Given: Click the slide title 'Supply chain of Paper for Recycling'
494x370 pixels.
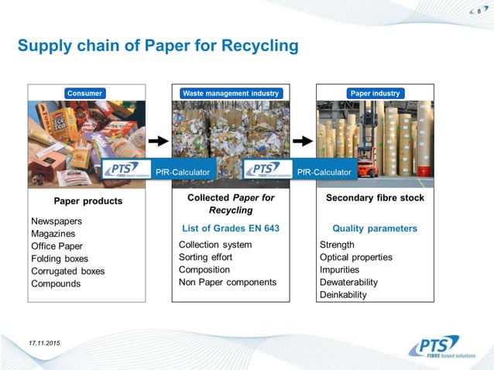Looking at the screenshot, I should tap(158, 46).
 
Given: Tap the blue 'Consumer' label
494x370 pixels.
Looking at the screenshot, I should tap(84, 94).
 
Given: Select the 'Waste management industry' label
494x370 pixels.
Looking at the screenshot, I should tap(231, 94).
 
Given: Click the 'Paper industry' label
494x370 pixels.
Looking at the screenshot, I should tap(376, 94).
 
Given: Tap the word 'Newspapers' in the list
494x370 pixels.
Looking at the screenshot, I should tap(57, 221).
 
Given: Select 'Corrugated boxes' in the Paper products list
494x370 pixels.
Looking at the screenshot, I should tap(67, 271).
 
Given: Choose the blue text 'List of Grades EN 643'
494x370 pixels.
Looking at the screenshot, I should tap(231, 228).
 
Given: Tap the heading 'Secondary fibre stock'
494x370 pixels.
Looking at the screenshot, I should tap(375, 198).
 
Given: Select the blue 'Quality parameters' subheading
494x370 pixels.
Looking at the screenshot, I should tap(375, 228).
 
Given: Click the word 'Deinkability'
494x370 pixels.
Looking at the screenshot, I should tap(343, 295).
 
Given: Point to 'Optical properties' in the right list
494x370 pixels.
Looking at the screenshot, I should tap(356, 257).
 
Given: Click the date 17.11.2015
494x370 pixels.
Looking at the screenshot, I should tap(46, 341).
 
